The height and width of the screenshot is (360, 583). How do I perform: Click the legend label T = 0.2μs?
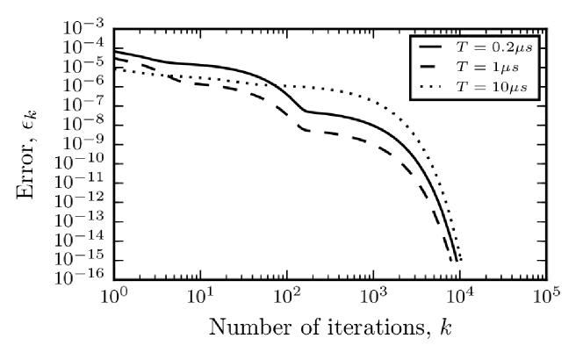[494, 47]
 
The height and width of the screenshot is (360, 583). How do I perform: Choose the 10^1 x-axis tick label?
[201, 299]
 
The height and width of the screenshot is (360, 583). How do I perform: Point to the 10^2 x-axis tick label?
[288, 299]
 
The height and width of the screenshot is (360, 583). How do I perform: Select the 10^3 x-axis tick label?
[374, 299]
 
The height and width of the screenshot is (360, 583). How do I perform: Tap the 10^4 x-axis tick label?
[461, 299]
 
